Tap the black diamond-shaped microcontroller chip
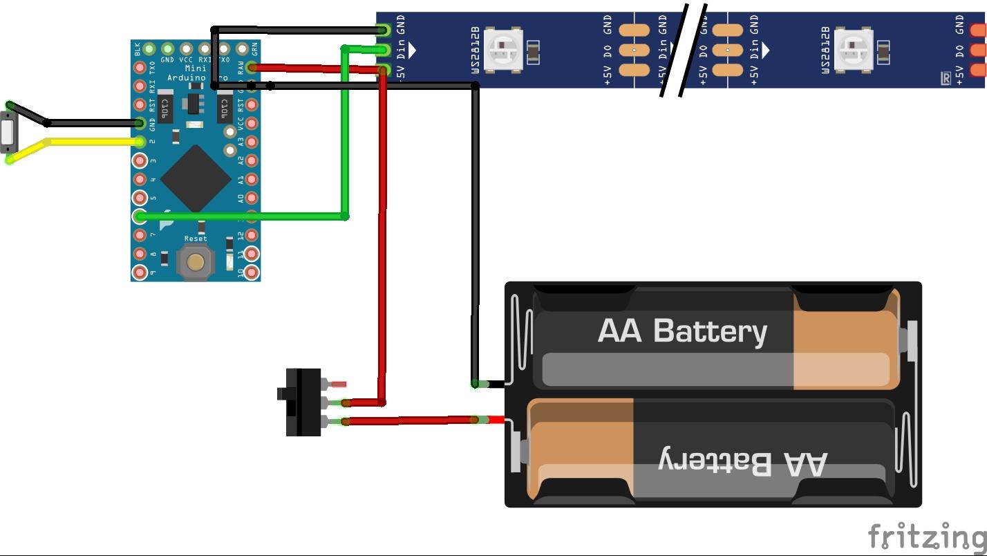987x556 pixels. click(x=196, y=178)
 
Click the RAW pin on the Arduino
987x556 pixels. click(x=252, y=67)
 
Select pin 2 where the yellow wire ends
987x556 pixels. click(x=140, y=142)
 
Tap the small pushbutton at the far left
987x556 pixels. click(x=8, y=132)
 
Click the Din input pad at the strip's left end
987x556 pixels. click(x=384, y=50)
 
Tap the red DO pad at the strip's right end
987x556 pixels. click(x=978, y=50)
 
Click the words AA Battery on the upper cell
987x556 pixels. click(x=682, y=331)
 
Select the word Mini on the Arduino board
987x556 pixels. click(x=196, y=68)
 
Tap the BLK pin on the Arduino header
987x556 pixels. click(x=149, y=48)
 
